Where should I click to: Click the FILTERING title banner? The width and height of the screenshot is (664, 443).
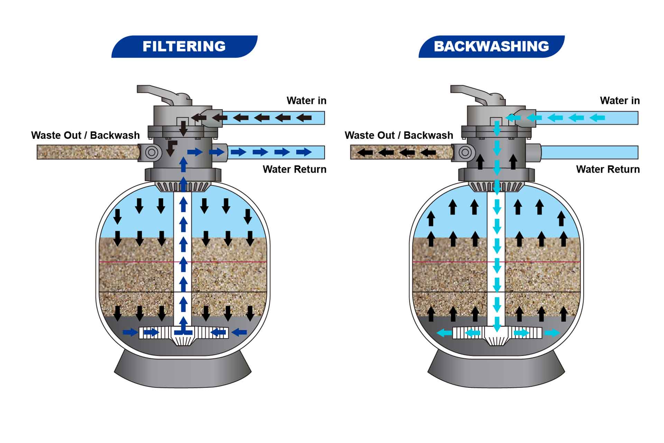pyautogui.click(x=184, y=46)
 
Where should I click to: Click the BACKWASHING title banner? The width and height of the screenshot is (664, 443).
pyautogui.click(x=491, y=46)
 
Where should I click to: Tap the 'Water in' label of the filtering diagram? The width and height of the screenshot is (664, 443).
pyautogui.click(x=306, y=101)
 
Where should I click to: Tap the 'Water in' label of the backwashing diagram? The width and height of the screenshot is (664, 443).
pyautogui.click(x=620, y=101)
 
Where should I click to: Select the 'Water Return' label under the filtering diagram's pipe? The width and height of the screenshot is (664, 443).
pyautogui.click(x=294, y=169)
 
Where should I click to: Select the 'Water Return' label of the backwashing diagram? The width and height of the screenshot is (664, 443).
pyautogui.click(x=608, y=169)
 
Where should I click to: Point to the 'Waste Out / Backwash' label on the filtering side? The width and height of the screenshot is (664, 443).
pyautogui.click(x=85, y=135)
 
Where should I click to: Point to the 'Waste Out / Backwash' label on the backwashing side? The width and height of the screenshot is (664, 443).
pyautogui.click(x=399, y=135)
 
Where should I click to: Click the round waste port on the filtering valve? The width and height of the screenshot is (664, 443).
pyautogui.click(x=151, y=152)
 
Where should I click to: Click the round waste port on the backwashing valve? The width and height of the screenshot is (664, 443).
pyautogui.click(x=465, y=152)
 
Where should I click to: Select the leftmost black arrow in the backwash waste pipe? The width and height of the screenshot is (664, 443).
pyautogui.click(x=365, y=152)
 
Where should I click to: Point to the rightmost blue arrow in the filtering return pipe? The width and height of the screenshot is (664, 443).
pyautogui.click(x=304, y=152)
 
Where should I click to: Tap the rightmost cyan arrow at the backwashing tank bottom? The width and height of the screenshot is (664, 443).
pyautogui.click(x=552, y=333)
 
